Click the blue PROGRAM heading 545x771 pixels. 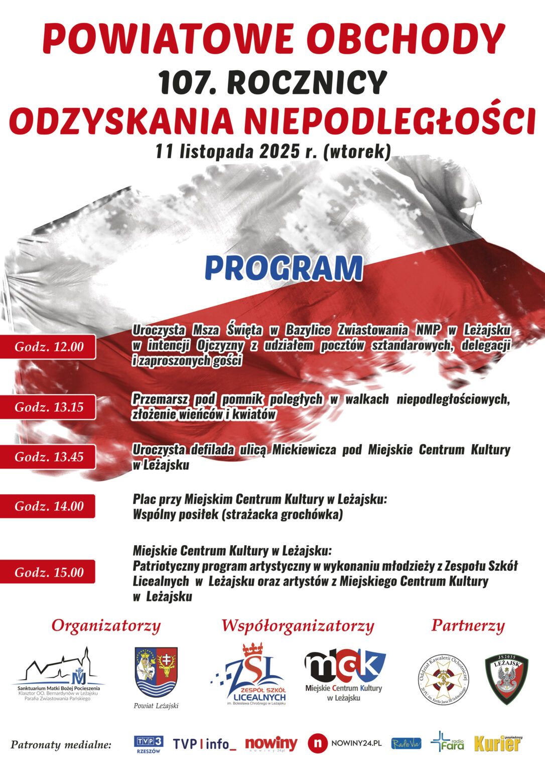pos(284,268)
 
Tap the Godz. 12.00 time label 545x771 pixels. pos(49,346)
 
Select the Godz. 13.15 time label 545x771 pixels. pos(49,407)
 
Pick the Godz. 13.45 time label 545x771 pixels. pos(49,457)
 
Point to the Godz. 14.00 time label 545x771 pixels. pos(49,506)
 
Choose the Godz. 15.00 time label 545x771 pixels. pos(49,572)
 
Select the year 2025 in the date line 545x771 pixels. pos(279,151)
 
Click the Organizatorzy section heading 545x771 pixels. pos(106,626)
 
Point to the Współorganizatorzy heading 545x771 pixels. pos(298,626)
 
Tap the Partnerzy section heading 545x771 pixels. pos(468,626)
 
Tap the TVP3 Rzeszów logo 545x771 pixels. pos(149,744)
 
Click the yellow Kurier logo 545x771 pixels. pos(498,743)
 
